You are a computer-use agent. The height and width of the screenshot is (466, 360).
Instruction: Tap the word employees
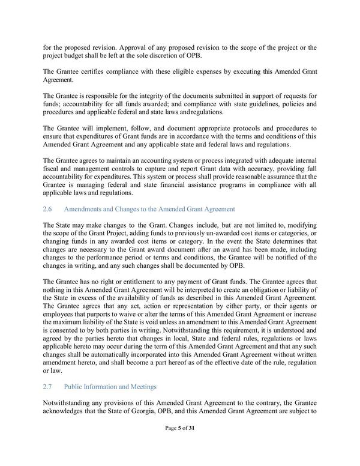[61, 312]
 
